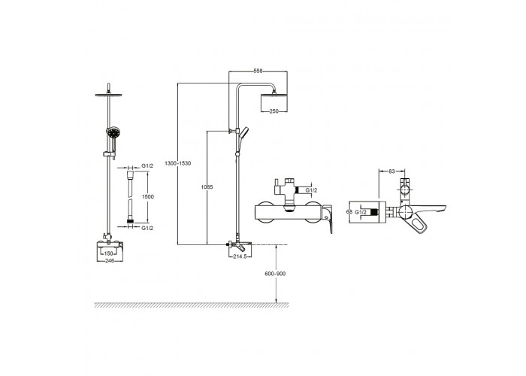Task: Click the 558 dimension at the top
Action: [x=258, y=71]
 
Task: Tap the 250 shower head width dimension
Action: [x=274, y=111]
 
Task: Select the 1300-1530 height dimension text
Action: [x=177, y=163]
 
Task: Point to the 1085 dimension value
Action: [x=207, y=187]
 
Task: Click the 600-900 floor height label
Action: [x=275, y=274]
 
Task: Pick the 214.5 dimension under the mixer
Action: [x=240, y=256]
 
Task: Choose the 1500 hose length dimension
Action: [x=148, y=197]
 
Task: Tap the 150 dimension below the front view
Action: [x=108, y=254]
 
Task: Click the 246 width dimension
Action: [x=110, y=261]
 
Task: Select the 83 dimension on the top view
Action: [x=391, y=171]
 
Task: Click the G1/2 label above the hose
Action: [x=147, y=166]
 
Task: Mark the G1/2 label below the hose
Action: [x=147, y=228]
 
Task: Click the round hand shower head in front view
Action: [x=113, y=132]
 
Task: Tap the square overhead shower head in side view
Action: [x=274, y=103]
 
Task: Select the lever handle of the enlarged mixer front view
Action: [x=328, y=219]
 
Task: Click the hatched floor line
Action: [x=191, y=305]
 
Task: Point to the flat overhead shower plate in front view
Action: [x=108, y=95]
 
